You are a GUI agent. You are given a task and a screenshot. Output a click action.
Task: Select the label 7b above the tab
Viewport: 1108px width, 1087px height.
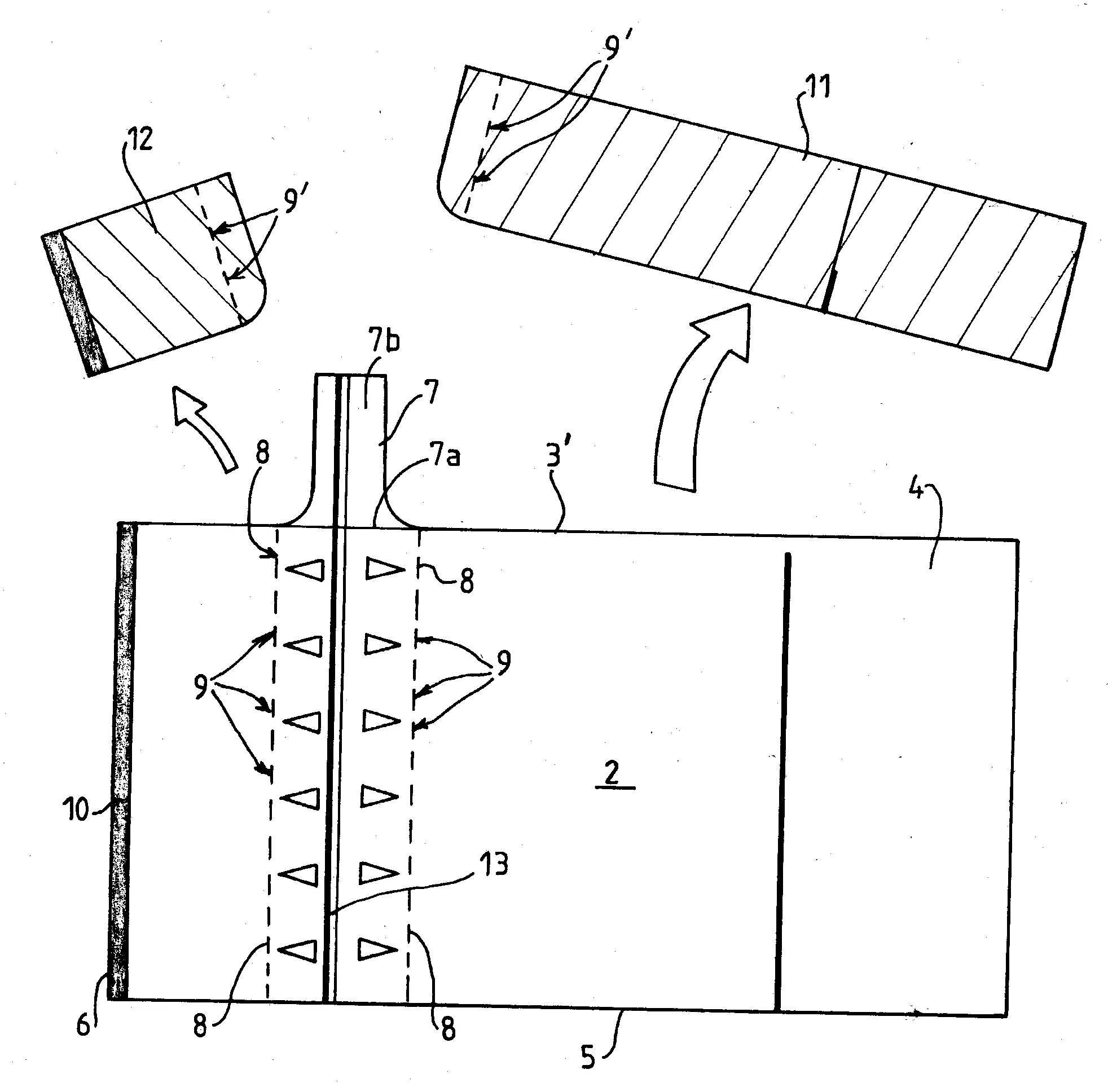pyautogui.click(x=384, y=341)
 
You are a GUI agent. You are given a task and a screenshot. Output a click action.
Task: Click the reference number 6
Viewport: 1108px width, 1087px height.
pyautogui.click(x=83, y=1026)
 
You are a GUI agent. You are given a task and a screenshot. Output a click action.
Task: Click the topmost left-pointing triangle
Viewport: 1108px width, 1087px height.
pyautogui.click(x=305, y=569)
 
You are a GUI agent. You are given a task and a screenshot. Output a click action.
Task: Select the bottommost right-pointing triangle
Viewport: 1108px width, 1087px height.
pyautogui.click(x=377, y=949)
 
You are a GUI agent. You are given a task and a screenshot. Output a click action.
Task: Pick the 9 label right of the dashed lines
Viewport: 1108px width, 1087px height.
pyautogui.click(x=503, y=662)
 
